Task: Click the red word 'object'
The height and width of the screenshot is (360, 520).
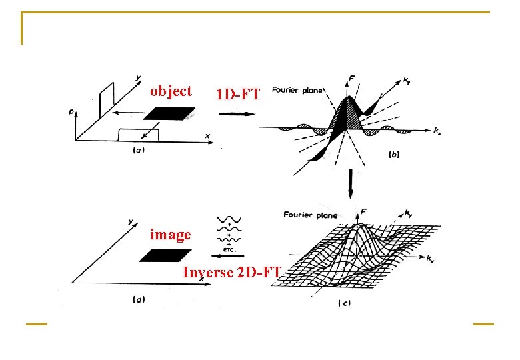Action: coord(171,91)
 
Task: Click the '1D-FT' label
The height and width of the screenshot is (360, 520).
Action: coord(237,95)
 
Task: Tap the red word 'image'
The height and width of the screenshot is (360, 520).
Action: coord(171,235)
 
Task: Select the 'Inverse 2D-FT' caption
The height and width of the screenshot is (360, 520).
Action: coord(232,272)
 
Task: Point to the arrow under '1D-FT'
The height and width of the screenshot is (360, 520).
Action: coord(237,113)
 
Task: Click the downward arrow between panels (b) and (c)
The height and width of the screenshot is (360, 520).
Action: coord(349,183)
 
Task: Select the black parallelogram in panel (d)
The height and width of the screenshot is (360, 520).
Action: coord(165,255)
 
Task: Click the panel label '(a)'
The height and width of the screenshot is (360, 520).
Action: coord(139,151)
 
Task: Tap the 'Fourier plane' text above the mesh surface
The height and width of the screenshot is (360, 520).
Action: coord(310,215)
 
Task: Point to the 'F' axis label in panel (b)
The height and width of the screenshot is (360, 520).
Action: coord(351,79)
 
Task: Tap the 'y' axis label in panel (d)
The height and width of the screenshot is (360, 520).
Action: coord(131,221)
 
